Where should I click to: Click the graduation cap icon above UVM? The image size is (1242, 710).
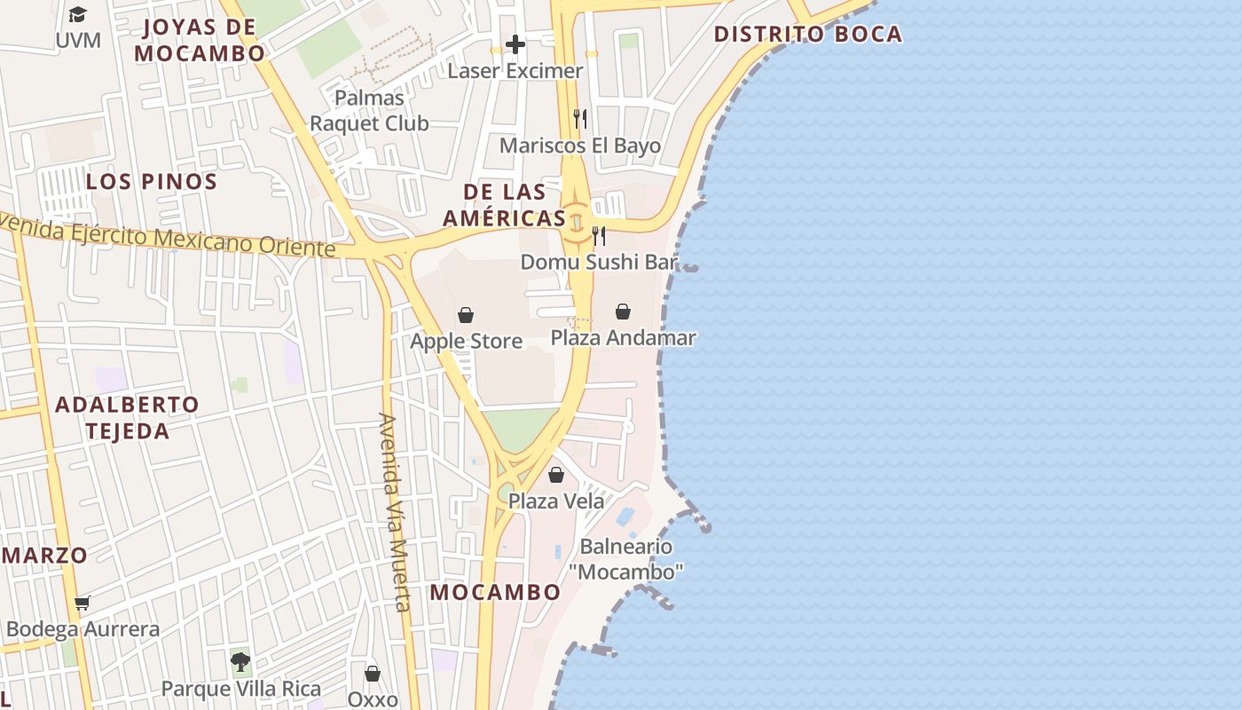[x=77, y=15]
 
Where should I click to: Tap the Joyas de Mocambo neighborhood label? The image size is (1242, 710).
[x=199, y=40]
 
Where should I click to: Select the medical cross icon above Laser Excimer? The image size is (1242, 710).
[x=515, y=44]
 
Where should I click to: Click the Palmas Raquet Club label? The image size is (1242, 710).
[x=369, y=111]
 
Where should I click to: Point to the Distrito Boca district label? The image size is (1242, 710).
[x=807, y=35]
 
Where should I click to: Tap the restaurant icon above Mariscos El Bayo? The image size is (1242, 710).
[x=580, y=119]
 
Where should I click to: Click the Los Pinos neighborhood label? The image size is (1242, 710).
[x=152, y=182]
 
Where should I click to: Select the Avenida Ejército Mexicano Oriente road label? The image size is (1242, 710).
[x=169, y=237]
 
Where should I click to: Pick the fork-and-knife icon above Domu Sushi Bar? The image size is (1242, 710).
[x=599, y=236]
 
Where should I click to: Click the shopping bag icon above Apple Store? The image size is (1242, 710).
[x=465, y=315]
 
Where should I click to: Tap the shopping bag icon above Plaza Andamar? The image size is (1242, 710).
[x=623, y=312]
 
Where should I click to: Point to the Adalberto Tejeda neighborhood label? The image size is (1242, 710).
[x=127, y=418]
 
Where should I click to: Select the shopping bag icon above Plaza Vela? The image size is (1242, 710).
[x=556, y=475]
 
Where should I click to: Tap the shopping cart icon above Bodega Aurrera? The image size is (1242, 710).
[x=83, y=603]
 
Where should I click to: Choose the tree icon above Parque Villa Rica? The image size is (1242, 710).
[x=240, y=661]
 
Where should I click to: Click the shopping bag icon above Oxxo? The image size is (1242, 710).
[x=373, y=674]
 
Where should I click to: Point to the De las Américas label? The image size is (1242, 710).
[x=504, y=205]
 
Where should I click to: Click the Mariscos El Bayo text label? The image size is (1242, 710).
[x=580, y=146]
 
